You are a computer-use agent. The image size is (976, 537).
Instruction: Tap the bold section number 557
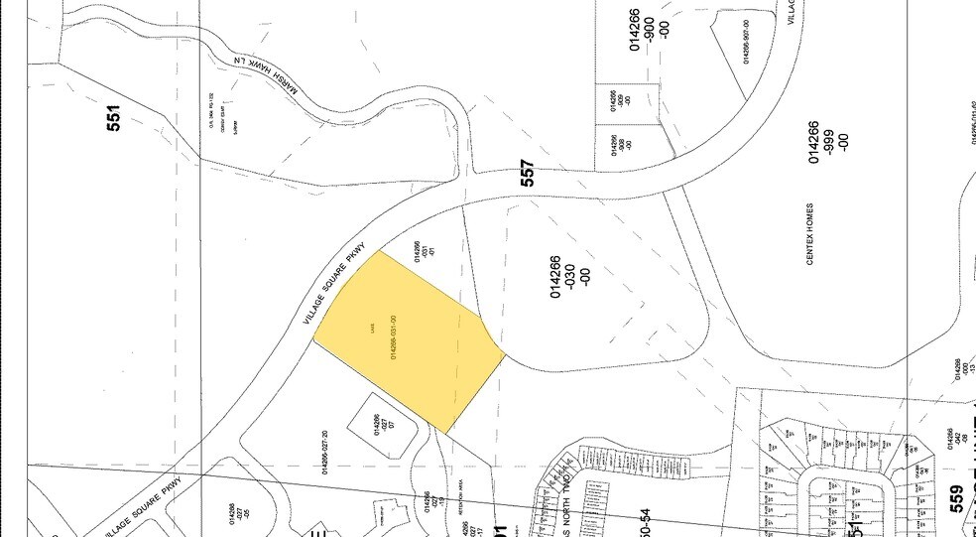[x=528, y=174]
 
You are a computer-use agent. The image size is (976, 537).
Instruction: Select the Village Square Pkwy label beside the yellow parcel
[x=336, y=285]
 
